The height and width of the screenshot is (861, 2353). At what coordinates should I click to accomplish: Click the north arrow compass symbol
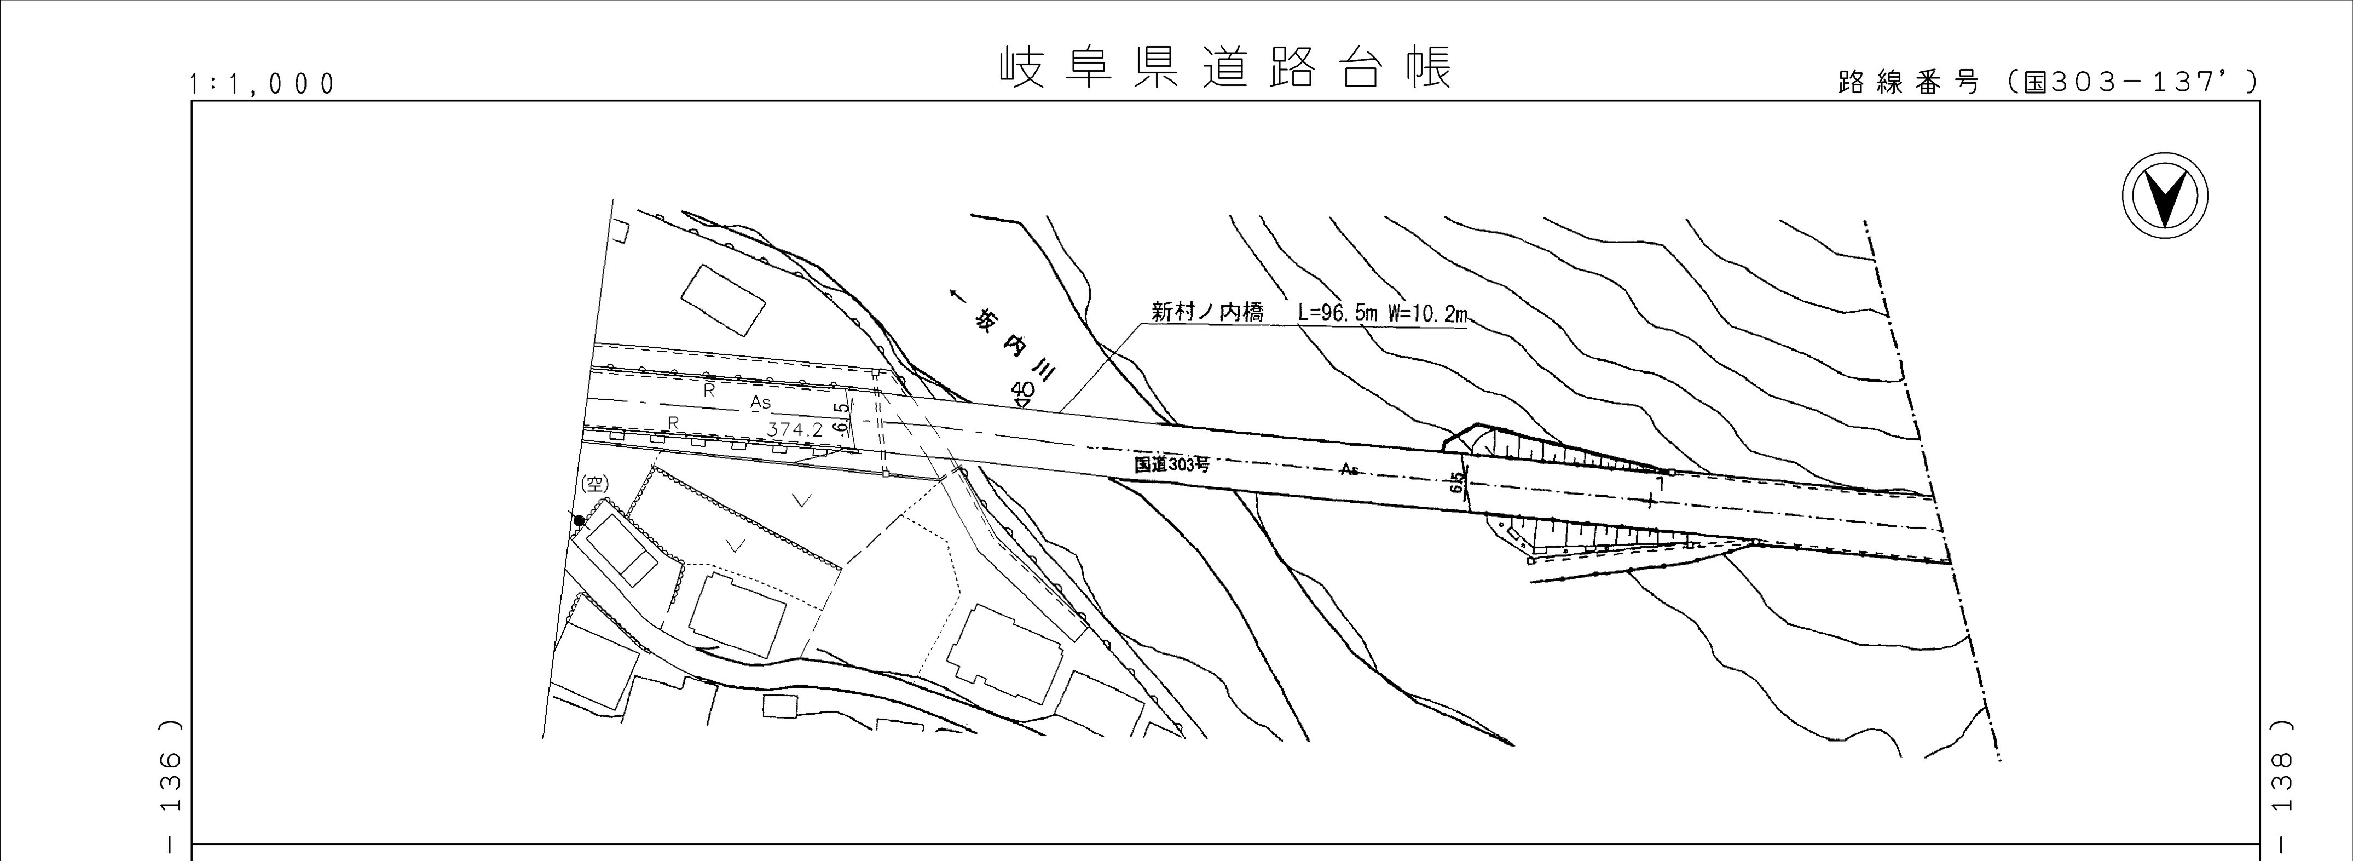[x=2165, y=197]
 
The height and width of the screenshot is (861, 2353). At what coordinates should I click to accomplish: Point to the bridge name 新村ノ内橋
[x=1207, y=313]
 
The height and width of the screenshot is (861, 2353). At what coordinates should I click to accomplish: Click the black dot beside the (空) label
[x=578, y=520]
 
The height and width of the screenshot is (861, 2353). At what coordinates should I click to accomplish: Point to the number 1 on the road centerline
[x=1660, y=484]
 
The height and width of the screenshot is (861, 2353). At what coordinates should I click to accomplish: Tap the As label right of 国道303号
[x=1349, y=470]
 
